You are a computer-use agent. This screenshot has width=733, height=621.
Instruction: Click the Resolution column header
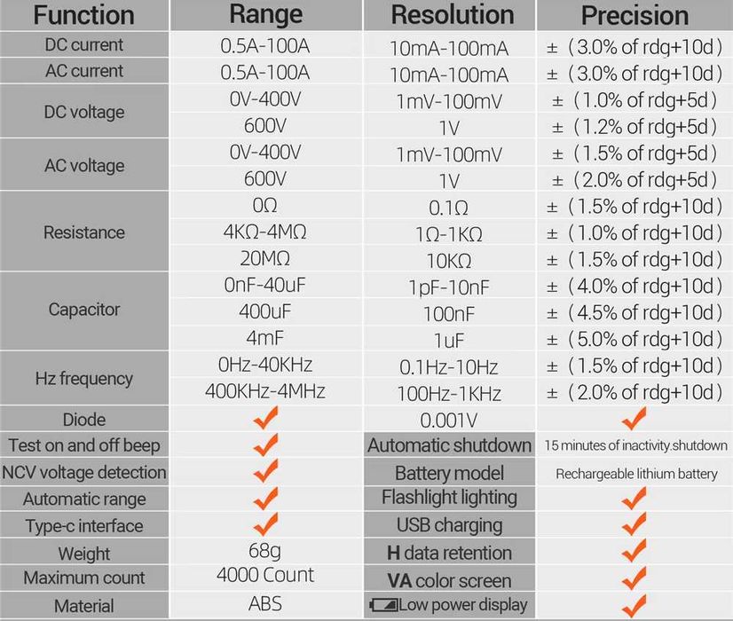tap(452, 15)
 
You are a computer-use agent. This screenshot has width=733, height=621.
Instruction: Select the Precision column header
tap(634, 15)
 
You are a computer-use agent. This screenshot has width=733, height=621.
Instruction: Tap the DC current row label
tap(84, 44)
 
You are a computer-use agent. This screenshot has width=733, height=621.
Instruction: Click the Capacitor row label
tap(84, 310)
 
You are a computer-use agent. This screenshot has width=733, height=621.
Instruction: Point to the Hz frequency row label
tap(84, 378)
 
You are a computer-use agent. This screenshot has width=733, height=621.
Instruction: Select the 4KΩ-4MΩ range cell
tap(265, 232)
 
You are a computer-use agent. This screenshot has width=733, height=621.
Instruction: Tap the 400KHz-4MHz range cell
tap(265, 391)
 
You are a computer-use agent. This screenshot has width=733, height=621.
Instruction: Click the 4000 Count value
tap(265, 575)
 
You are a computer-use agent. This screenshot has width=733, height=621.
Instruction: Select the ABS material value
tap(265, 604)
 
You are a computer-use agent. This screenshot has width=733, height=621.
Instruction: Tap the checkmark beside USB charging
tap(634, 525)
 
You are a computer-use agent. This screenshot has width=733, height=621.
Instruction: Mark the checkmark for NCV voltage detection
tap(265, 470)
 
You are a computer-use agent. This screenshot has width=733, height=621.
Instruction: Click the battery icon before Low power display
tap(382, 606)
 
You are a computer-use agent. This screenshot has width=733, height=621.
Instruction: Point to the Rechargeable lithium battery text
tap(636, 474)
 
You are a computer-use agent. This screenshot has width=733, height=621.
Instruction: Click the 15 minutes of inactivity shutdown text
tap(636, 446)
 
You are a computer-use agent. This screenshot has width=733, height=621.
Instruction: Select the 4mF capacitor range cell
tap(265, 338)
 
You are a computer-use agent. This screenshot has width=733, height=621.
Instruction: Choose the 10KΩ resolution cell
tap(449, 261)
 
